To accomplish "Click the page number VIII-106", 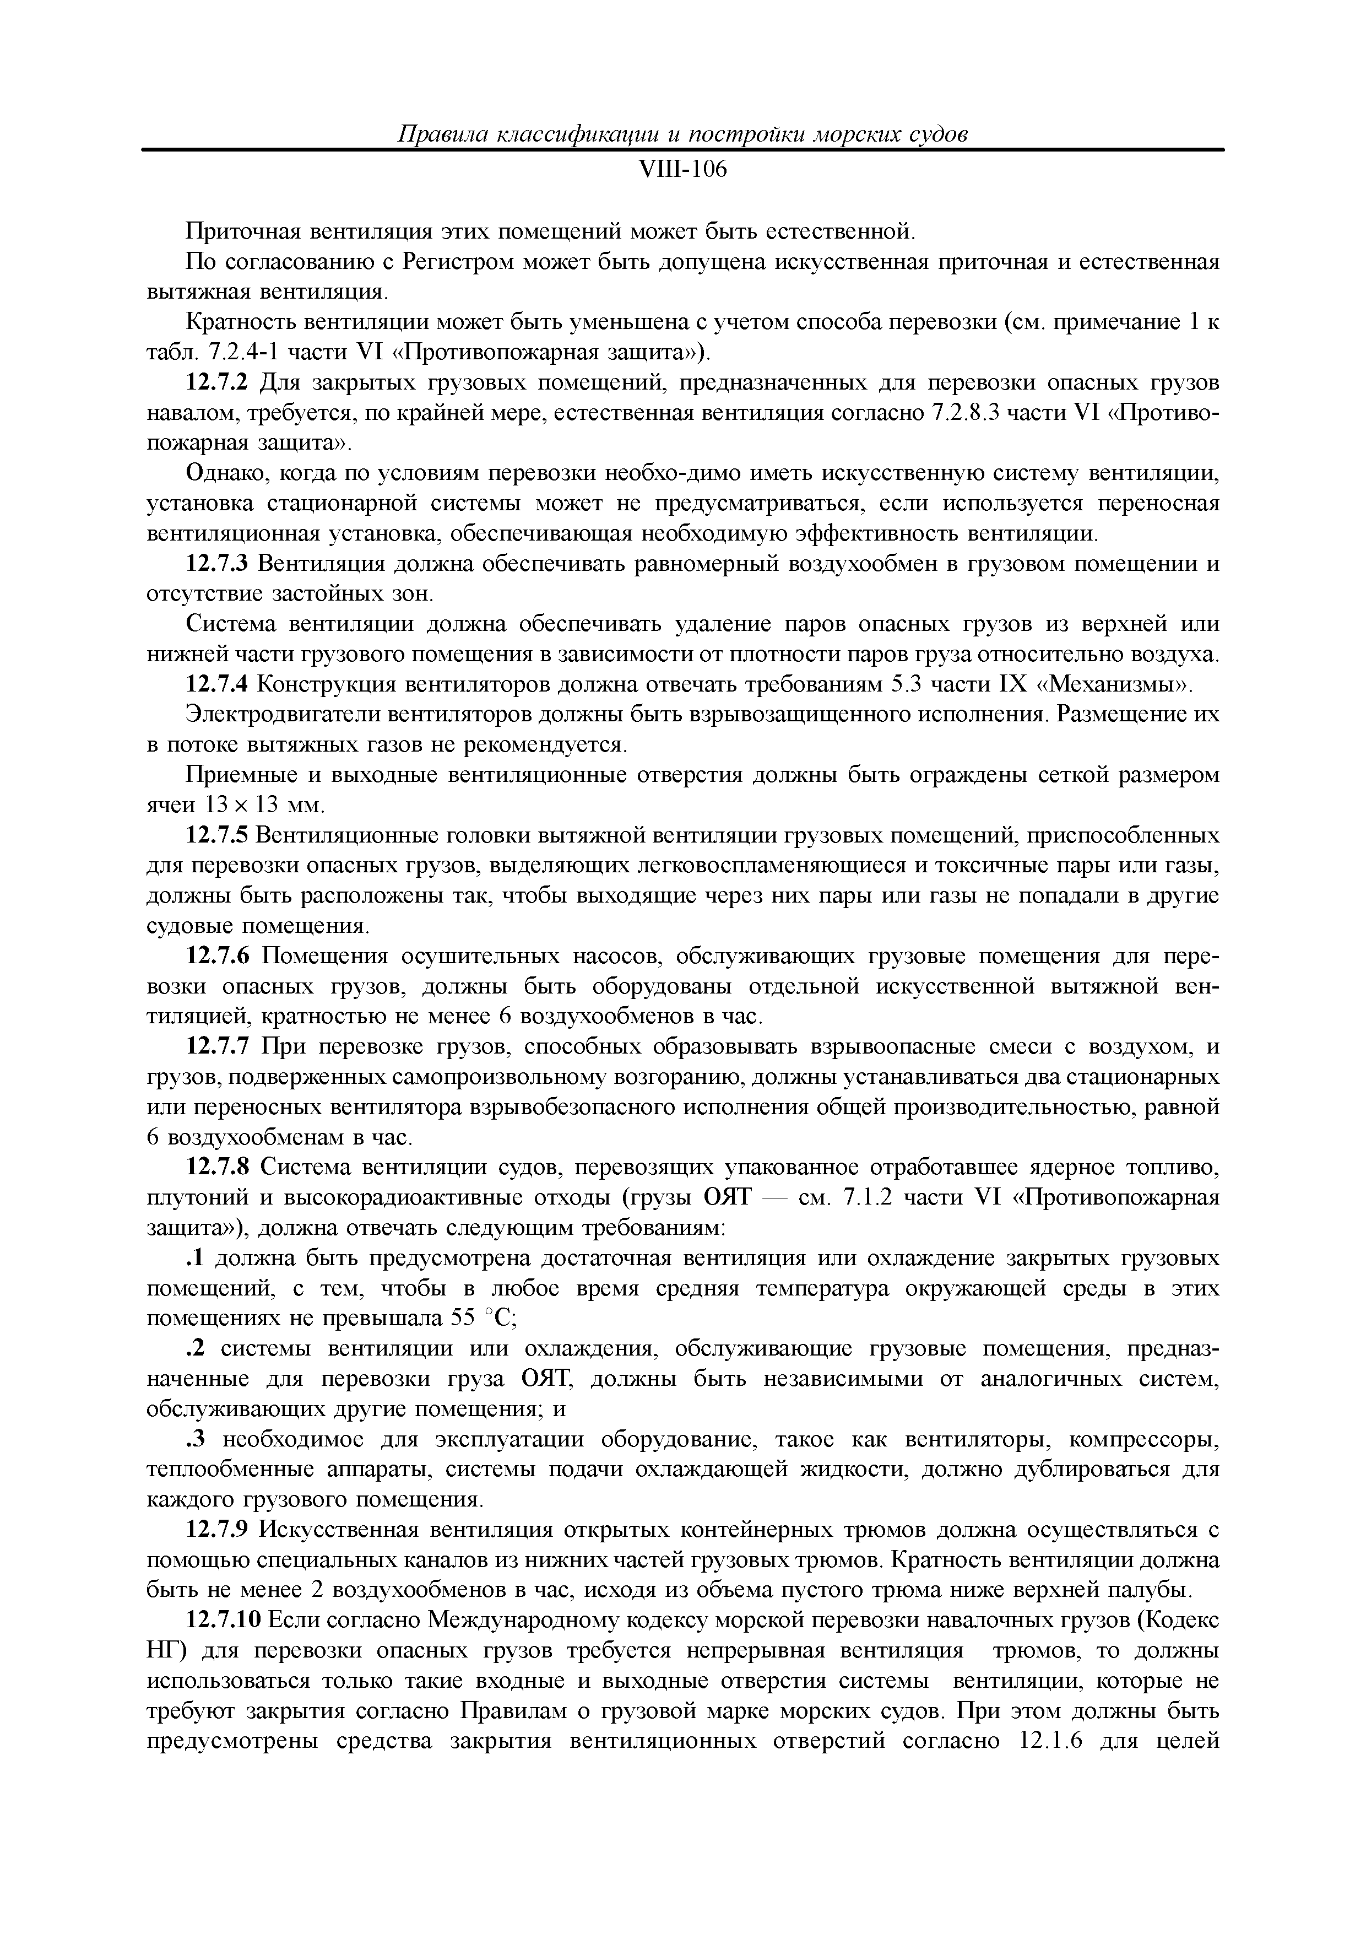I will tap(682, 170).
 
